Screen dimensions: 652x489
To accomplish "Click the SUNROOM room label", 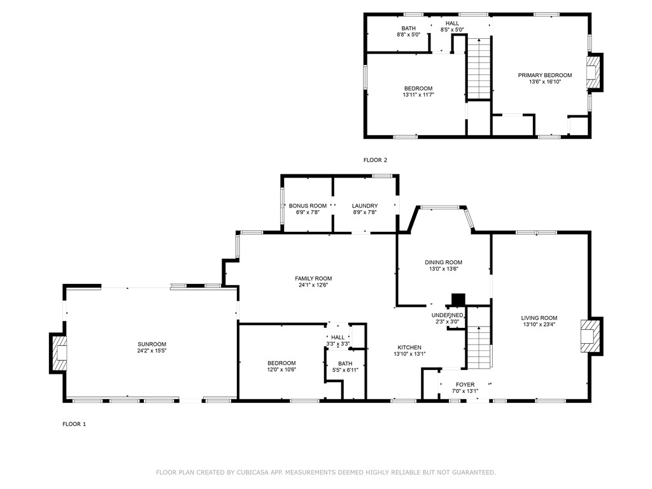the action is point(152,344).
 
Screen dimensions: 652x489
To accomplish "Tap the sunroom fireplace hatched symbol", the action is point(59,353).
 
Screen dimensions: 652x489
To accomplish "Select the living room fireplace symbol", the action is point(591,336).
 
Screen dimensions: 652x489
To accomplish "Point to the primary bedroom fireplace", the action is point(594,73).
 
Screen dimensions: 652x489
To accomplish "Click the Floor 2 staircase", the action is point(479,69).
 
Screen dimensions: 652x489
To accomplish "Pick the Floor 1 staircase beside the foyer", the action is point(479,348).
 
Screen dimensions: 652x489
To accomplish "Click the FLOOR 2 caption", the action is point(375,160).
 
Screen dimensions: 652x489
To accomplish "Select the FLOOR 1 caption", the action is point(74,424).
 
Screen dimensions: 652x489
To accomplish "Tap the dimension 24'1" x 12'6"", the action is point(313,285).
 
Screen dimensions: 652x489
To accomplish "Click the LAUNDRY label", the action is point(365,206).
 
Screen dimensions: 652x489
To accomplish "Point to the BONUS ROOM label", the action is point(308,206).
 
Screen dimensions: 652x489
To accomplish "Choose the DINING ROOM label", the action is point(443,262).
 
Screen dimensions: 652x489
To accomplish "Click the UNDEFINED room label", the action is point(447,315).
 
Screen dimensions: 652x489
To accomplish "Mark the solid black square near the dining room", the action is point(458,299).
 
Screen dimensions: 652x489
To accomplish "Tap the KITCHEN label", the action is point(409,348).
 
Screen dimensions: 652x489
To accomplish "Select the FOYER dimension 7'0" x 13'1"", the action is point(465,392).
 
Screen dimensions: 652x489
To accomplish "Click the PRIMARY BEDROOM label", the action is point(545,75).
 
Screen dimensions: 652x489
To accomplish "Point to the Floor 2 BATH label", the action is point(408,28).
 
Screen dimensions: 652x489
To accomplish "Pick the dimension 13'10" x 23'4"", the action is point(539,325).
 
